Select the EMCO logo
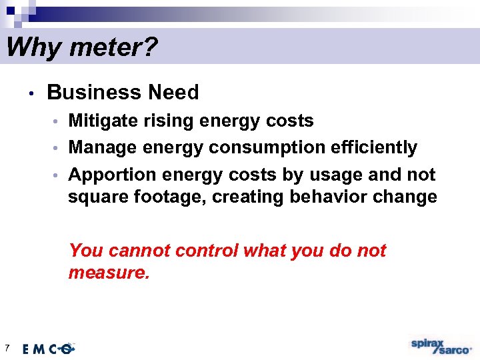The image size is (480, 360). (49, 348)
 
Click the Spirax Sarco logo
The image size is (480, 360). (441, 345)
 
